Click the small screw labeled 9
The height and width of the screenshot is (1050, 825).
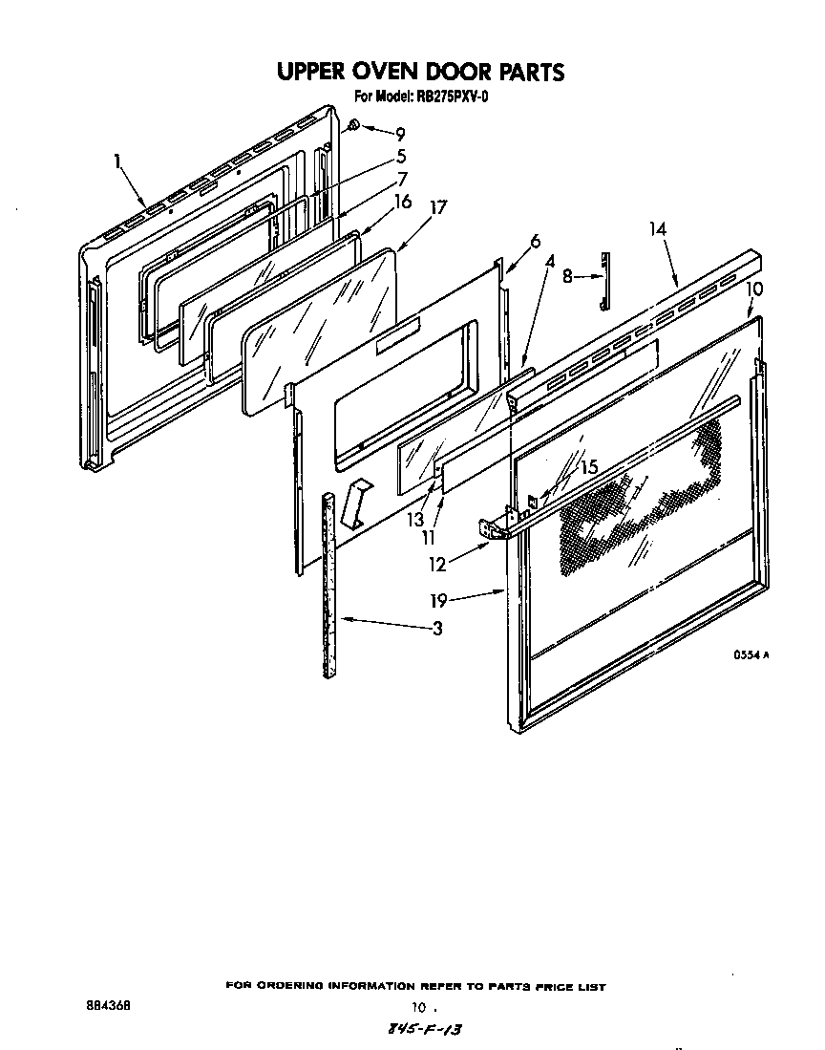click(352, 125)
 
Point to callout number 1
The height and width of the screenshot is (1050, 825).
click(118, 161)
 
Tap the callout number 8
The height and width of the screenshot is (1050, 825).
click(567, 277)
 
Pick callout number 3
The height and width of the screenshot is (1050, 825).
click(436, 629)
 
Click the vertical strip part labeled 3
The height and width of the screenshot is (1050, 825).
click(329, 583)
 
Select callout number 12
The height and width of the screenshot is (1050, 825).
click(437, 565)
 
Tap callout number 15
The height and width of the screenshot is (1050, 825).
click(587, 468)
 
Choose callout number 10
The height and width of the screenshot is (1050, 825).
click(753, 289)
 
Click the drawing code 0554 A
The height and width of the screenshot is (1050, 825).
click(751, 656)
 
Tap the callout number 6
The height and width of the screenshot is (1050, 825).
click(535, 242)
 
